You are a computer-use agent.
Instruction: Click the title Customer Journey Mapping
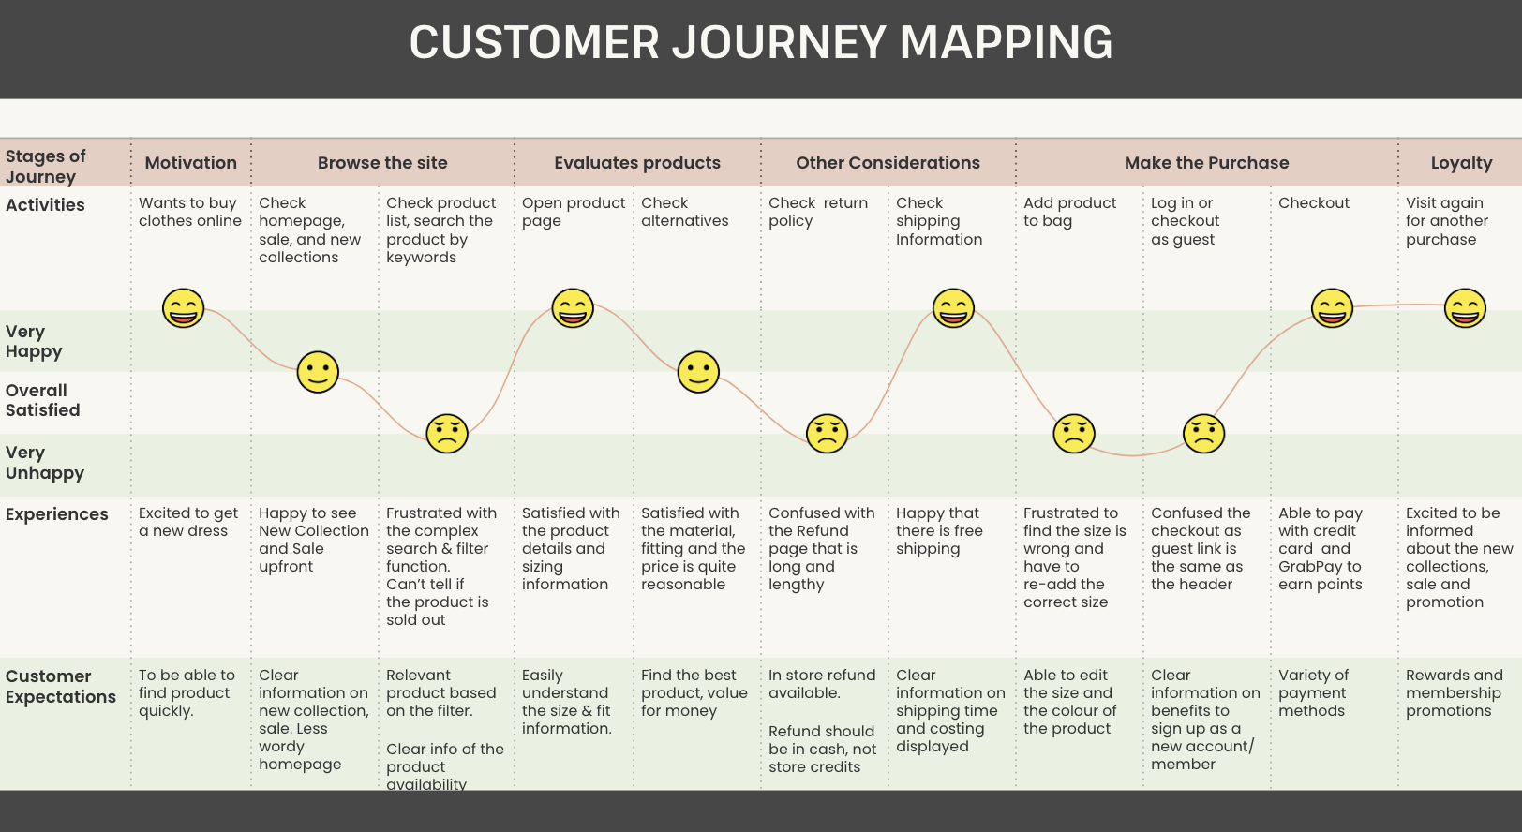(x=761, y=43)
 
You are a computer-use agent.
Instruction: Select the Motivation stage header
(x=191, y=163)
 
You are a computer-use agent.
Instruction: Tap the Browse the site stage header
(x=382, y=163)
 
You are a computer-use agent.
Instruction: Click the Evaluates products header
(x=637, y=163)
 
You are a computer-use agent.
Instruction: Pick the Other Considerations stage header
(x=888, y=163)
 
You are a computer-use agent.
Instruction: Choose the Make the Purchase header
(x=1206, y=163)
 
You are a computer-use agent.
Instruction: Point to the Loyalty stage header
(x=1461, y=163)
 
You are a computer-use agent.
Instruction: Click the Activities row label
(x=45, y=205)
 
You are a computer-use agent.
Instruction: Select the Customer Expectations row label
(x=61, y=687)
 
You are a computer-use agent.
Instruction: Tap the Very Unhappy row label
(x=45, y=463)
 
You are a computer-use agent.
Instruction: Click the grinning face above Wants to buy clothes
(x=184, y=308)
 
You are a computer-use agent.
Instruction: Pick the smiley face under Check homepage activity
(x=318, y=372)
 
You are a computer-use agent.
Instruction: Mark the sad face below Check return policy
(x=827, y=434)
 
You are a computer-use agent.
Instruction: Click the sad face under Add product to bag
(x=1074, y=434)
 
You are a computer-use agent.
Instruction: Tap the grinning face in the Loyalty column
(x=1465, y=308)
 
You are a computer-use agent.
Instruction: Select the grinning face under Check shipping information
(x=953, y=308)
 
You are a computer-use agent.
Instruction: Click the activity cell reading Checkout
(x=1314, y=203)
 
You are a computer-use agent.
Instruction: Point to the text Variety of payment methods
(x=1313, y=693)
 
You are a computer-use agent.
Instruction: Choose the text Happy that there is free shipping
(x=939, y=531)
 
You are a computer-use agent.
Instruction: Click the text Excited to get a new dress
(x=188, y=522)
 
